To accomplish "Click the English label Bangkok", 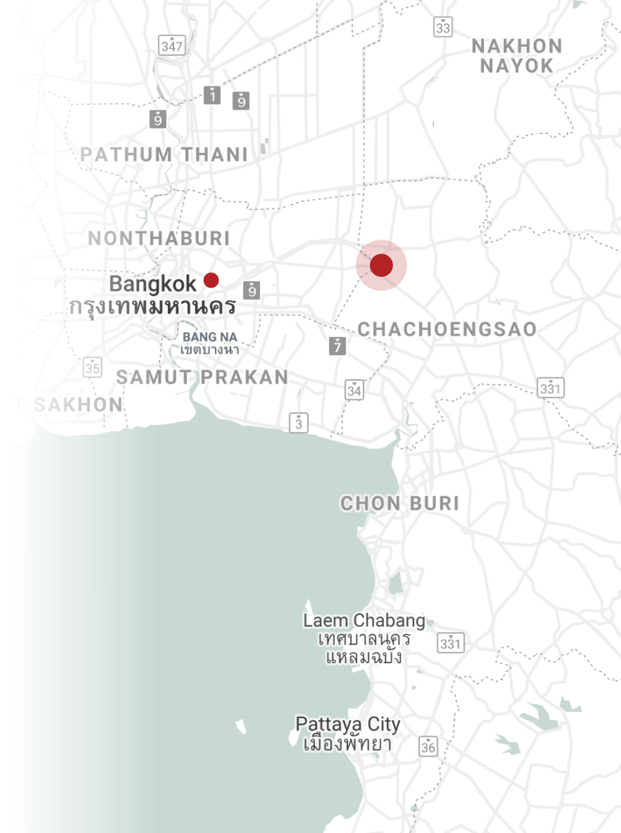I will click(x=152, y=283).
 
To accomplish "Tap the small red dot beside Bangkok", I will click(x=211, y=280).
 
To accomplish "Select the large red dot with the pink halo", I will click(x=382, y=265).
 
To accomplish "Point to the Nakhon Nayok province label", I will click(x=517, y=56).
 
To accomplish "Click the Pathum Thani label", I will click(x=164, y=154).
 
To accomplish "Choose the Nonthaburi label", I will click(x=159, y=238).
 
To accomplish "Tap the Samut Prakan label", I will click(x=202, y=377).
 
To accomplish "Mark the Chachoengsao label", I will click(x=447, y=329).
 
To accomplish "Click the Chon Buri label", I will click(x=399, y=504).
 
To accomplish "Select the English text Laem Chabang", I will click(x=364, y=620).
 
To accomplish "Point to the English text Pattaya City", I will click(x=348, y=724).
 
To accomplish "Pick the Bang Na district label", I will click(x=209, y=337).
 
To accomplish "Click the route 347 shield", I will click(x=172, y=45).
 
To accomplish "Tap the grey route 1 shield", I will click(x=212, y=95).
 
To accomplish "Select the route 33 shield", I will click(x=442, y=27).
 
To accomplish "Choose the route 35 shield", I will click(x=93, y=367).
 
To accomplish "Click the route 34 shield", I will click(x=354, y=390).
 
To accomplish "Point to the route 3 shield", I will click(x=298, y=423).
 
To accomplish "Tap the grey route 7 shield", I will click(x=337, y=346).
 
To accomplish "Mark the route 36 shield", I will click(x=428, y=746).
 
